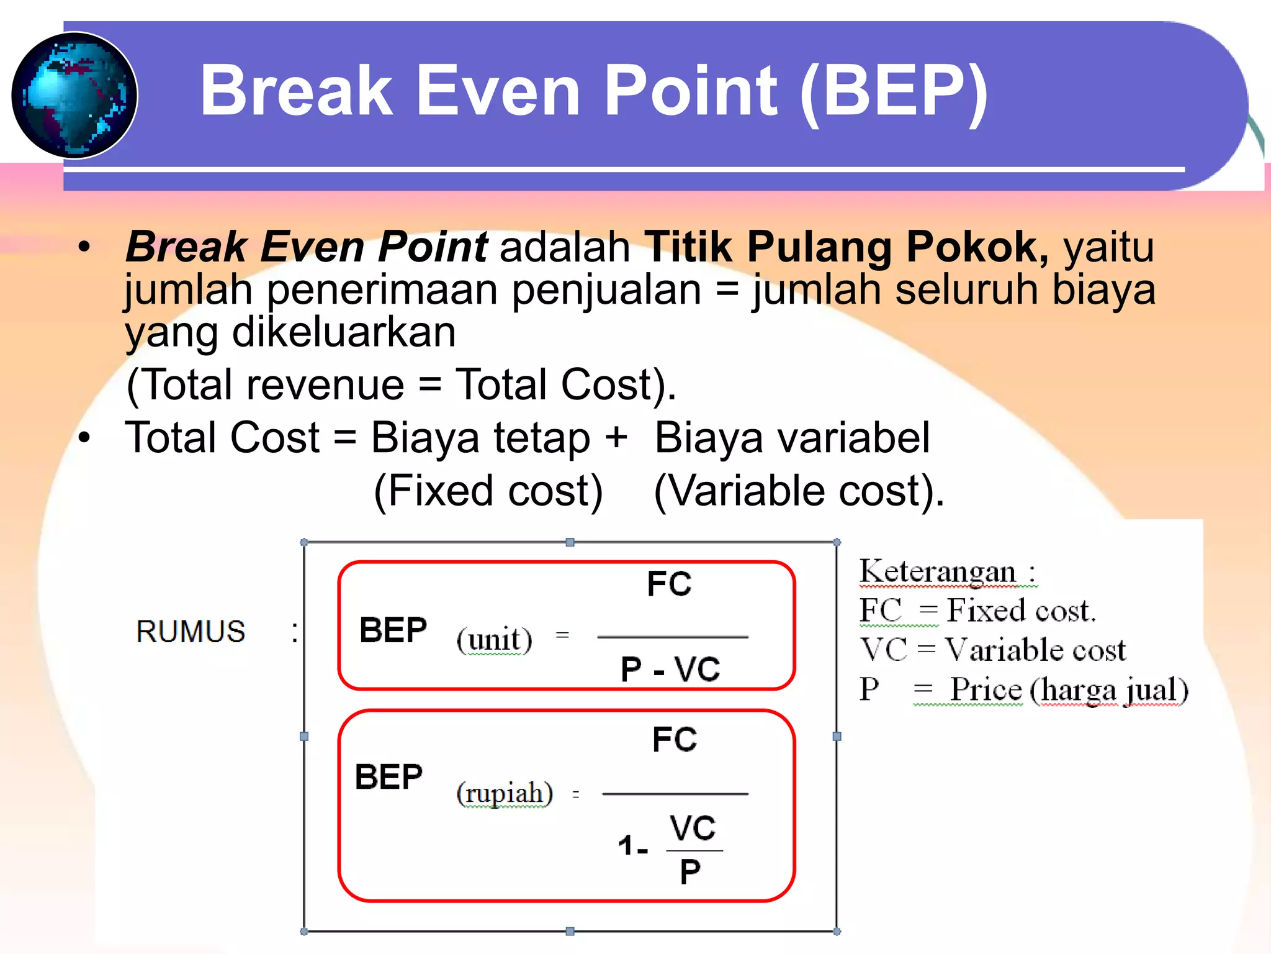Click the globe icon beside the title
point(74,95)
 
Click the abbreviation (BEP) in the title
point(894,92)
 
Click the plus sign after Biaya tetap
point(616,437)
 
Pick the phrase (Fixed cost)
point(488,491)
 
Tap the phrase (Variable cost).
point(799,491)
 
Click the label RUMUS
point(191,632)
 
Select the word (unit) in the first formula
point(494,639)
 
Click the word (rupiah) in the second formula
point(504,793)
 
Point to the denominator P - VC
point(670,670)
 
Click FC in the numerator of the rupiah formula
point(675,739)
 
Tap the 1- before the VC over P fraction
point(632,845)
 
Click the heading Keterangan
point(937,571)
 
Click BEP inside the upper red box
point(393,630)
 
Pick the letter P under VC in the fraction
point(690,871)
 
